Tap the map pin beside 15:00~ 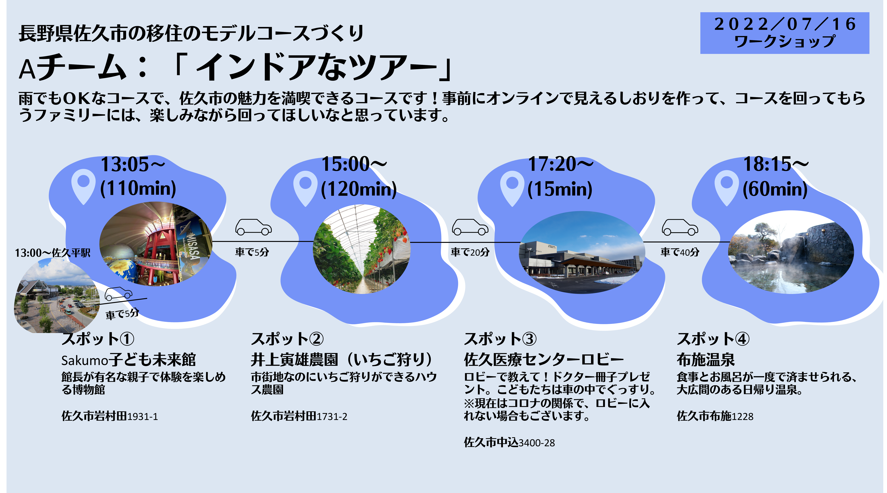point(305,189)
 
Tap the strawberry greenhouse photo point(362,249)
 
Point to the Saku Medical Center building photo point(582,252)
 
